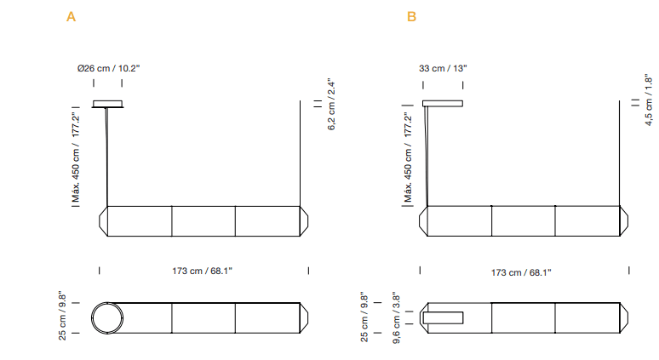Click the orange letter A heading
click(72, 16)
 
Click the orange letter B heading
click(412, 16)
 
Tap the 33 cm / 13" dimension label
click(443, 67)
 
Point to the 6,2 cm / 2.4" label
click(333, 104)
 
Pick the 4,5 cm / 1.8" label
click(648, 101)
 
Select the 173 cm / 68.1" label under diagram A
click(202, 271)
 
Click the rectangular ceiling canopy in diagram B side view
click(443, 104)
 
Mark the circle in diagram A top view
click(109, 318)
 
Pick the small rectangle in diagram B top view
click(443, 318)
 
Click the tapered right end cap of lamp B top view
click(623, 318)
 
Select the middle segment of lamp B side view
click(523, 220)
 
